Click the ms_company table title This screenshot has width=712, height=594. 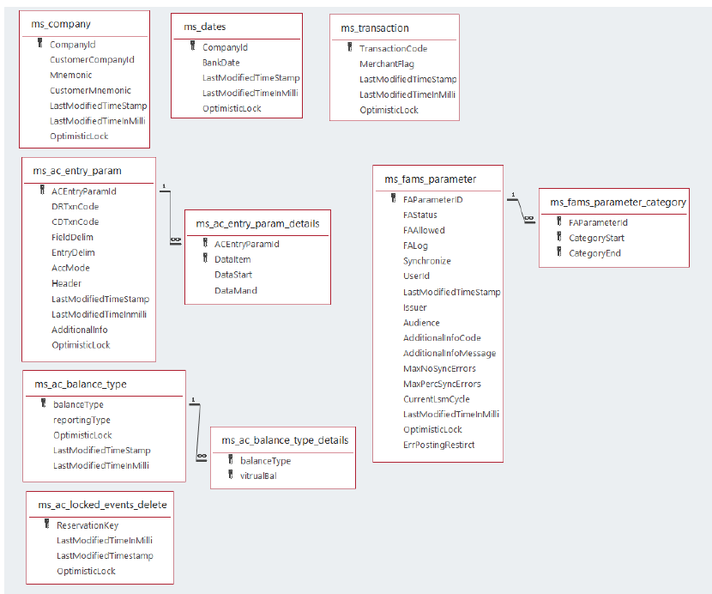(x=61, y=24)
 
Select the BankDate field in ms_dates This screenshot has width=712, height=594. (x=220, y=63)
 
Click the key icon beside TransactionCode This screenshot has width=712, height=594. (x=349, y=48)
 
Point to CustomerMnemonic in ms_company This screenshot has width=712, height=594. (x=90, y=90)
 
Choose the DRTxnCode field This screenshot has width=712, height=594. (x=75, y=207)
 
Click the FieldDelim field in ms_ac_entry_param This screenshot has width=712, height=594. (x=72, y=237)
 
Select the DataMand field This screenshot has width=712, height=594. (x=235, y=290)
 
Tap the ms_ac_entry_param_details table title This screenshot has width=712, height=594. (x=257, y=223)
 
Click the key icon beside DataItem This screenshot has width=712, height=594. (x=205, y=258)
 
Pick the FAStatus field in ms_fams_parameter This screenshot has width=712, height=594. (x=419, y=215)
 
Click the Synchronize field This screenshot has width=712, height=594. (x=426, y=261)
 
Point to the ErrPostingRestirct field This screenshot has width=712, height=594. (x=438, y=445)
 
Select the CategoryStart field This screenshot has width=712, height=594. (x=596, y=238)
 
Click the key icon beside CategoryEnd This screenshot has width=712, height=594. (x=559, y=253)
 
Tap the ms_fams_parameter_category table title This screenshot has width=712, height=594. (x=618, y=202)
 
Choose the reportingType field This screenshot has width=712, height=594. (x=81, y=420)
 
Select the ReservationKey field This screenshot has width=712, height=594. (x=87, y=525)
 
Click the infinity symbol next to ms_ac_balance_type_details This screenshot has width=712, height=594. (x=201, y=456)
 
